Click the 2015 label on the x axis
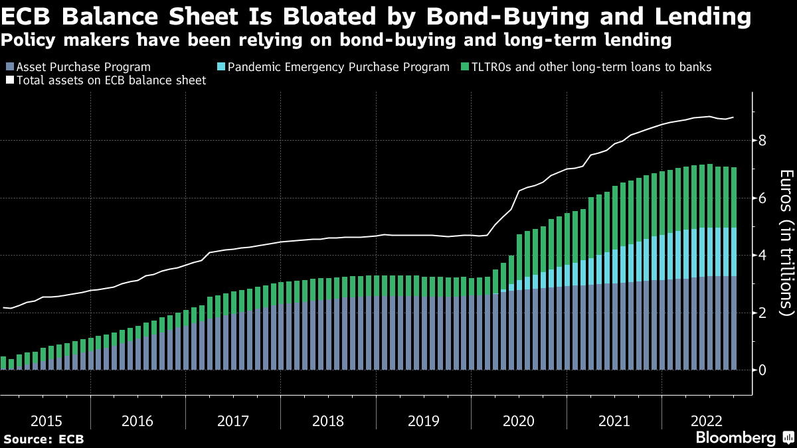(46, 421)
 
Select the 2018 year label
(328, 421)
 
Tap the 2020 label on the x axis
(519, 421)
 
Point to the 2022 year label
(707, 421)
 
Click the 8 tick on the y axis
(762, 141)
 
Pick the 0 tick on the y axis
(762, 370)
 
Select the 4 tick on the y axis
(762, 256)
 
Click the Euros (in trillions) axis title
(786, 242)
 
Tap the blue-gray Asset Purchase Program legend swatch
(9, 68)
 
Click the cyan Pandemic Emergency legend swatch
(222, 68)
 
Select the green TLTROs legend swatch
(464, 68)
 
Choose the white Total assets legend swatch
(9, 80)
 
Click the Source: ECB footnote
(44, 439)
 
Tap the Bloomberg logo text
(736, 437)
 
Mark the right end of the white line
(733, 117)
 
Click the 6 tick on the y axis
(762, 198)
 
